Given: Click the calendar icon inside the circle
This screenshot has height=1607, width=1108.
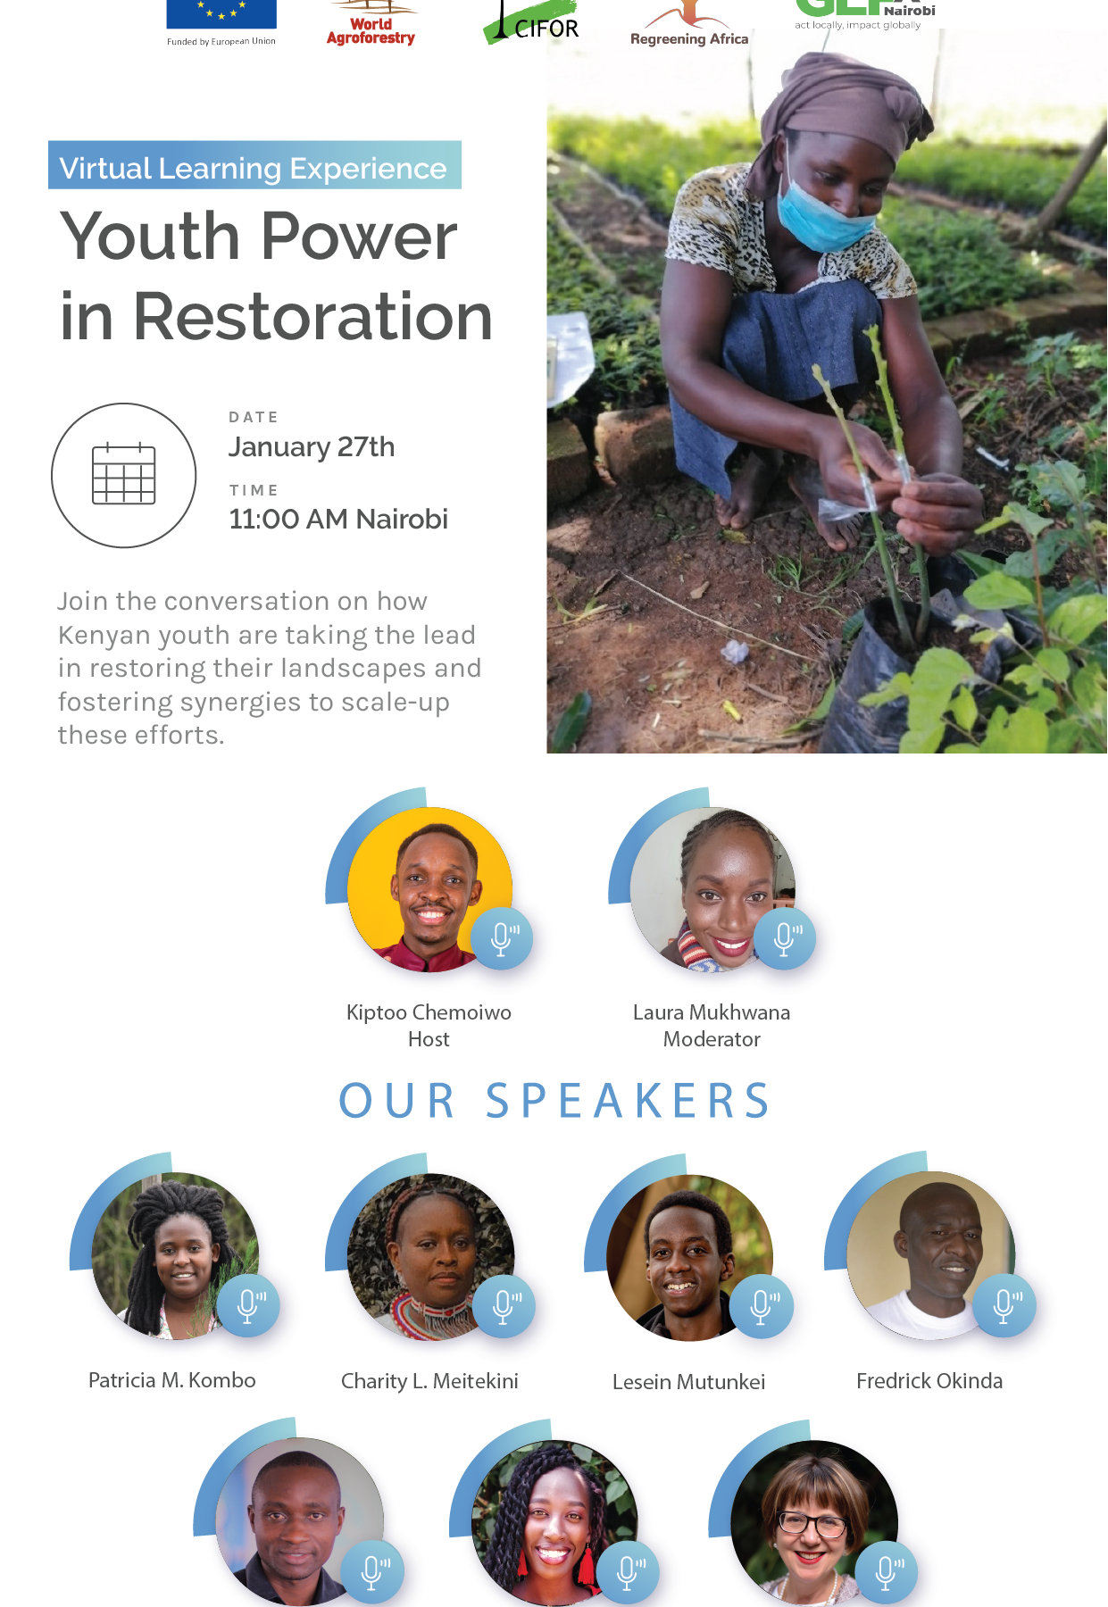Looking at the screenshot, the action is tap(124, 474).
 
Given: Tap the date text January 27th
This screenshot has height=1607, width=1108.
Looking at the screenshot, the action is tap(312, 446).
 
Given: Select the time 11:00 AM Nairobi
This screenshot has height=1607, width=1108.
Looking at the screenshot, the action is tap(338, 519).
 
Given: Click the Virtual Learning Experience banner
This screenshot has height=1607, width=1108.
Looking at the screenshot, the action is tap(254, 165).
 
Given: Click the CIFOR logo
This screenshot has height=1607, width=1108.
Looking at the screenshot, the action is tap(532, 23).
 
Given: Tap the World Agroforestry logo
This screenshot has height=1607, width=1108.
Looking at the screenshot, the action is tap(371, 24).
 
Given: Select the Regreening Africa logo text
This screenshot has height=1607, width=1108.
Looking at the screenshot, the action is tap(689, 38).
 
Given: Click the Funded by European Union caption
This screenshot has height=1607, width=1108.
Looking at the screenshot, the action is tap(221, 41).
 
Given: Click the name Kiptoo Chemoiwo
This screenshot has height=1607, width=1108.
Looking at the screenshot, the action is tap(429, 1012).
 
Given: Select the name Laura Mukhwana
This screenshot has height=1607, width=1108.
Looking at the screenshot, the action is tap(712, 1012).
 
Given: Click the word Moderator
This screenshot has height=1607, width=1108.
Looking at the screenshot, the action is tap(712, 1039).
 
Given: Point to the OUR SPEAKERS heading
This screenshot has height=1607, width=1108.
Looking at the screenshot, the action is tap(554, 1101).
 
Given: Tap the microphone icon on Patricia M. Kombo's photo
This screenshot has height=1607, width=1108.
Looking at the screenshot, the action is tap(248, 1305).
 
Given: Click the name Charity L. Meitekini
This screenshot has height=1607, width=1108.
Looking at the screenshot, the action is tap(429, 1381).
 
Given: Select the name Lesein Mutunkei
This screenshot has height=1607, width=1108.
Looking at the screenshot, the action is tap(688, 1382).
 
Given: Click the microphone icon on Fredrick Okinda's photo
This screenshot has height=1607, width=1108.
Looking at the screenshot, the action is tap(1004, 1305).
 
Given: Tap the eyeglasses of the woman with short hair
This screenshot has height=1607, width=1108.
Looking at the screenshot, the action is tap(812, 1523).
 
